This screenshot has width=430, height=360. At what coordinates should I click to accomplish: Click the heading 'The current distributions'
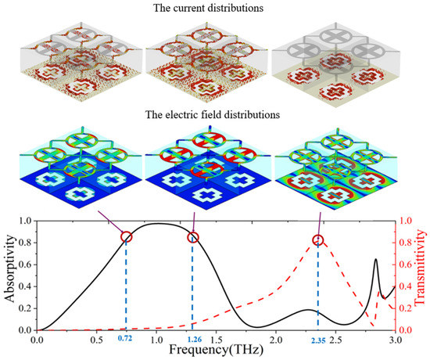(x=215, y=9)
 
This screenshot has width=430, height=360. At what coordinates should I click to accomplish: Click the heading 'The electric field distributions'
(x=215, y=116)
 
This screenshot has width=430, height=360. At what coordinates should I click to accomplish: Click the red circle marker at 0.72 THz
(x=126, y=236)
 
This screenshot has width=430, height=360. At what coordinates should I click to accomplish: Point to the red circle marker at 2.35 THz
(x=317, y=240)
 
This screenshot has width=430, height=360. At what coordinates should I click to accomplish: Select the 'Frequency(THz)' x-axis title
(x=216, y=349)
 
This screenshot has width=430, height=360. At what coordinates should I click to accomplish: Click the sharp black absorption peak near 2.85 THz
(x=377, y=259)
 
